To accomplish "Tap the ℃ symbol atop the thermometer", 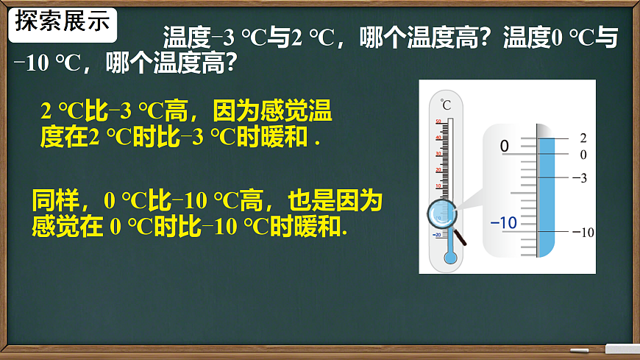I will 446,104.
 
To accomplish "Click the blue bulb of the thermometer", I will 449,258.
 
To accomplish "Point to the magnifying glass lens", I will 443,214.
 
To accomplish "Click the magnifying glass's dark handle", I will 461,237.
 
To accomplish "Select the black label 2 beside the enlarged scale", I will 583,138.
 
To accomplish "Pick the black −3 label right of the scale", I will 580,178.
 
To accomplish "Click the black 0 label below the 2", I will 583,155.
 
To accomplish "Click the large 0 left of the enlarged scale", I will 505,147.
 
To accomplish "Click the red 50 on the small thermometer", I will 438,121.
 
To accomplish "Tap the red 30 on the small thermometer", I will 438,154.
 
